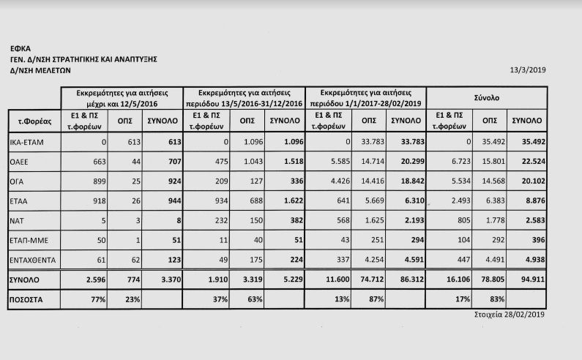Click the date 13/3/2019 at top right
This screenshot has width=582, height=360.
[528, 71]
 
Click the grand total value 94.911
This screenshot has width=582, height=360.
[527, 280]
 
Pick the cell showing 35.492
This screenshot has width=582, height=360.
[527, 142]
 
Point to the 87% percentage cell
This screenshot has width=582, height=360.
[370, 300]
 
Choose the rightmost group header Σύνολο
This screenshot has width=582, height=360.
[488, 97]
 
